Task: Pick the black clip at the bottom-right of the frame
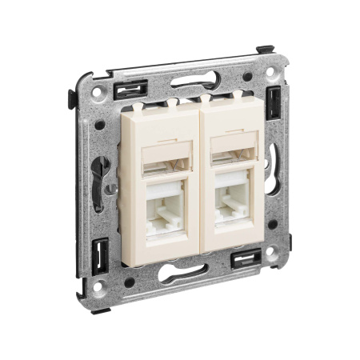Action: click(244, 258)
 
